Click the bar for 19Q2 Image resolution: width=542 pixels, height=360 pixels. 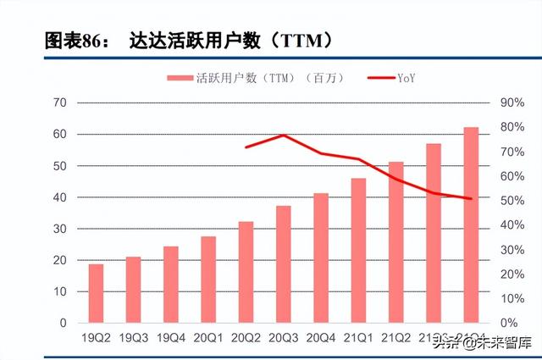(96, 293)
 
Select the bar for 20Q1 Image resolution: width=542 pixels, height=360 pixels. (208, 280)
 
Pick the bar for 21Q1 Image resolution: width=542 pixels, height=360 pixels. (358, 250)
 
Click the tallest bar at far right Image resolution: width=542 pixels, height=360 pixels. (471, 224)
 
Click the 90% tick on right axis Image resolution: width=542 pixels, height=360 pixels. (513, 102)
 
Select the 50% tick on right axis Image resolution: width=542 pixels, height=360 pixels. (513, 201)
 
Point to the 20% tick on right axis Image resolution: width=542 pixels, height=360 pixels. (513, 274)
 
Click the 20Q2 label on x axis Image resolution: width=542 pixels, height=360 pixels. (246, 338)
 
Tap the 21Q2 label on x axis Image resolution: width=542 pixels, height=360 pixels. (395, 338)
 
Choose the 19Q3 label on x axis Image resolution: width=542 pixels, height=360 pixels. (133, 338)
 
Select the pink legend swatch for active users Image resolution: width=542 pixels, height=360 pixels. (180, 78)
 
